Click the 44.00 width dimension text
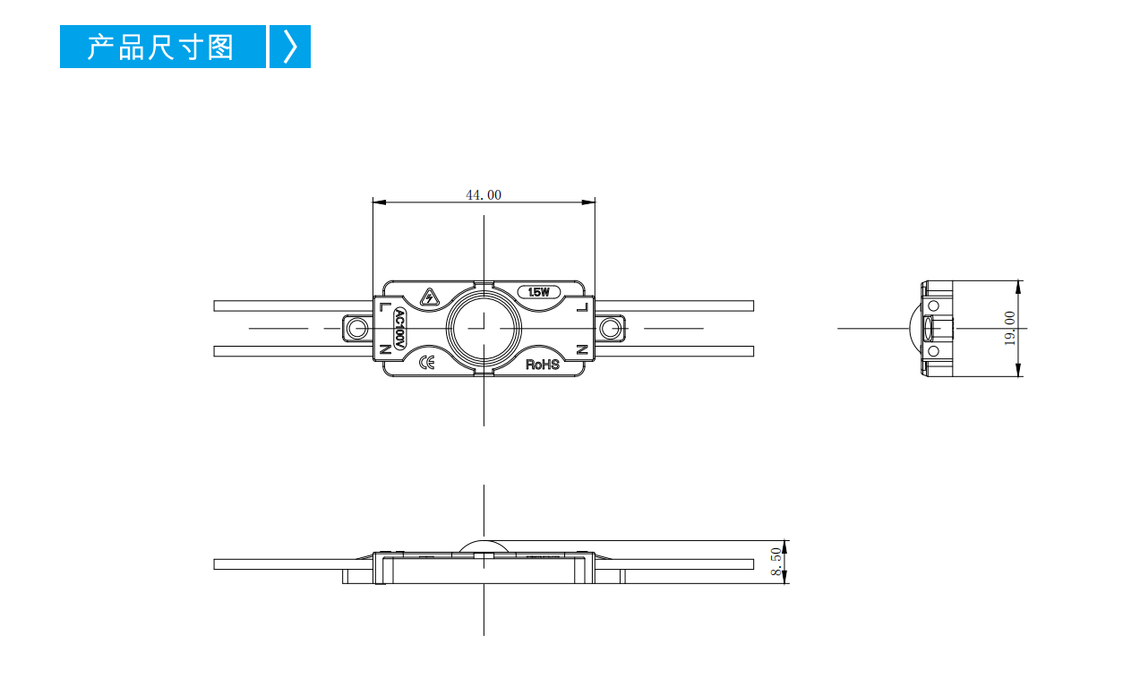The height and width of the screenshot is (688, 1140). click(484, 195)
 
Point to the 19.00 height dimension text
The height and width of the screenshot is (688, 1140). click(1010, 329)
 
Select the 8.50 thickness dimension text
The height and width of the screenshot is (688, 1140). click(776, 562)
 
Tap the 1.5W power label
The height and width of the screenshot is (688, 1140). click(538, 292)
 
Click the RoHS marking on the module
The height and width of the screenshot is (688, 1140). click(543, 365)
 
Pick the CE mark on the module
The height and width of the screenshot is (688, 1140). click(426, 363)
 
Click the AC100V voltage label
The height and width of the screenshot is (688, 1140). click(400, 329)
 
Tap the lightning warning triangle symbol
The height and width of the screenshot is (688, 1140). click(430, 297)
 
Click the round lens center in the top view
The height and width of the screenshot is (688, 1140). click(484, 329)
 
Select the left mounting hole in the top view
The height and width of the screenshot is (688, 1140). click(358, 329)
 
